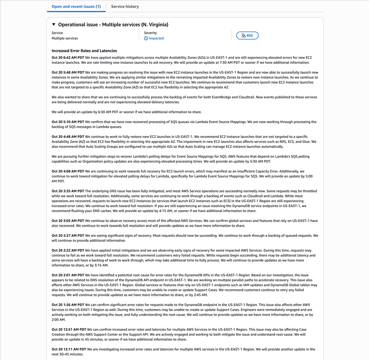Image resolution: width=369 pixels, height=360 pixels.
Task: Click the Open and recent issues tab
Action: pyautogui.click(x=76, y=7)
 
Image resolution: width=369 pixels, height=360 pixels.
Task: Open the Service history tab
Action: pyautogui.click(x=125, y=7)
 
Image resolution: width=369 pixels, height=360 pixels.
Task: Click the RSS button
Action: pyautogui.click(x=247, y=36)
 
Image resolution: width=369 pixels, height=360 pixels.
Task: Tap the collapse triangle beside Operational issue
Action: pyautogui.click(x=54, y=25)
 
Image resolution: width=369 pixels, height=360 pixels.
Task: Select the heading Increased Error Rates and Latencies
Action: pyautogui.click(x=84, y=51)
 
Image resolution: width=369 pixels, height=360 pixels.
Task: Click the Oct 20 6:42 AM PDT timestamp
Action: pyautogui.click(x=68, y=58)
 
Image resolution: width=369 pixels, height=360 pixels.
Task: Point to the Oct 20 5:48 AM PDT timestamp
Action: pyautogui.click(x=68, y=72)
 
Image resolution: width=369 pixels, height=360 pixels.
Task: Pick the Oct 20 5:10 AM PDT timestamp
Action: pyautogui.click(x=68, y=122)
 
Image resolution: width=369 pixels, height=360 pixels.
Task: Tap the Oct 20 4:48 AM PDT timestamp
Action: pyautogui.click(x=68, y=136)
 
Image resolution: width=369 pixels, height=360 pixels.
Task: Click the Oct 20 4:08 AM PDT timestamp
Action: pyautogui.click(x=68, y=171)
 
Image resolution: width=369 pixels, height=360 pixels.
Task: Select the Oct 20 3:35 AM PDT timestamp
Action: pyautogui.click(x=68, y=191)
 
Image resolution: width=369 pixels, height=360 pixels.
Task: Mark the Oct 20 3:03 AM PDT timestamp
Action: pyautogui.click(x=68, y=221)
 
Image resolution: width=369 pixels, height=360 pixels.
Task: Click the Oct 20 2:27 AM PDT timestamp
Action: pyautogui.click(x=68, y=235)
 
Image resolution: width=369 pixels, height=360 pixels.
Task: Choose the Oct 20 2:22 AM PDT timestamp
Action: pyautogui.click(x=68, y=250)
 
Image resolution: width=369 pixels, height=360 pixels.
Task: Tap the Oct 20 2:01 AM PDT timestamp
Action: pyautogui.click(x=68, y=275)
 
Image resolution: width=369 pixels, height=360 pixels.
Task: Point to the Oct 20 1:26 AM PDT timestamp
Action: pyautogui.click(x=68, y=305)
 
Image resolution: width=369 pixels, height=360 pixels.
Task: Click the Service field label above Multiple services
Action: pyautogui.click(x=57, y=33)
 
